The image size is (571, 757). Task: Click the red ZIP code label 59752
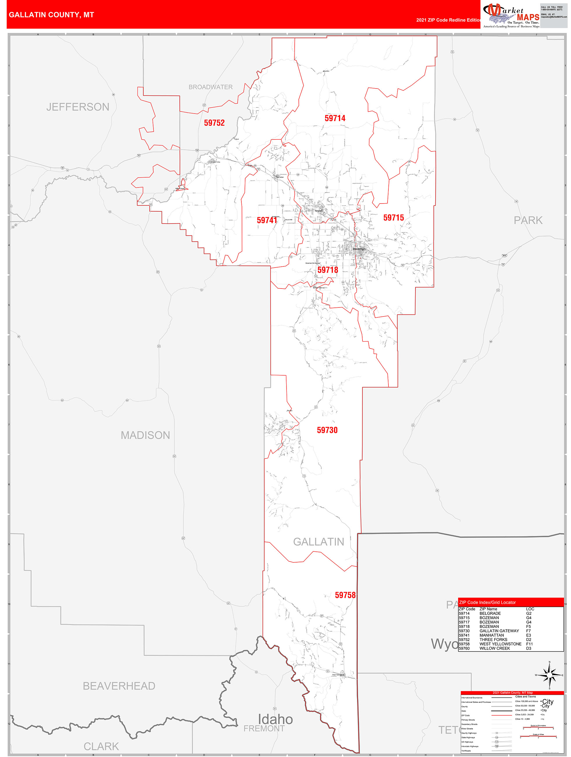coord(214,123)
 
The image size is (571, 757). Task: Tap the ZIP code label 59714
coord(335,118)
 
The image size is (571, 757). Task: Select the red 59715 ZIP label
coord(393,218)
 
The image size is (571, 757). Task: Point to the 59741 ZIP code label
coord(267,220)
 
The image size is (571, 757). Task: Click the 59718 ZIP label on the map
coord(328,270)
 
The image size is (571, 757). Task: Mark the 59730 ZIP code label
coord(327,430)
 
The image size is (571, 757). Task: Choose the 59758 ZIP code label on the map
coord(345,595)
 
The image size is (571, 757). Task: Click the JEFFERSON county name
coord(78,107)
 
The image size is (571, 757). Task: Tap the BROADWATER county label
coord(211,87)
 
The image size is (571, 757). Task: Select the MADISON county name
coord(145,435)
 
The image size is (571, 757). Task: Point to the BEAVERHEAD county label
coord(119,686)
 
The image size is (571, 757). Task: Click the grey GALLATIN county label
coord(318,542)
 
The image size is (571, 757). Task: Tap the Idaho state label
coord(275,719)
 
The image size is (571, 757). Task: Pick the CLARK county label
coord(101,747)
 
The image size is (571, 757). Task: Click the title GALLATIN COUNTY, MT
coord(51,15)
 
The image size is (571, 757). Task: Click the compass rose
coord(549,675)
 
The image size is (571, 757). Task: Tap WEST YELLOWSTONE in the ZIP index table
coord(500,644)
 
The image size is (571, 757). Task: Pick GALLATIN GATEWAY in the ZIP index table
coord(499,631)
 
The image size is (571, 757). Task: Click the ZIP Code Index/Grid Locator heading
coord(487,602)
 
